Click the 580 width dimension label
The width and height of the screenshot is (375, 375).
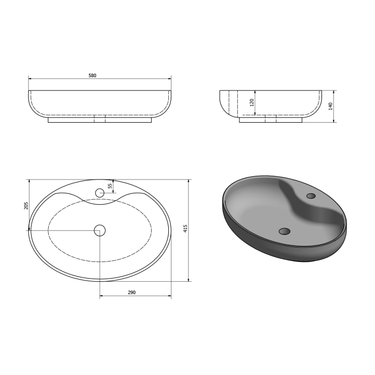click(92, 76)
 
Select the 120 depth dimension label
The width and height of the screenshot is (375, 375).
click(252, 103)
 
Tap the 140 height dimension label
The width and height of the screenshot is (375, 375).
click(331, 106)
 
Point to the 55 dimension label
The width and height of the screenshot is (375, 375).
click(110, 186)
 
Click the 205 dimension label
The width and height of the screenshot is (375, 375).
click(26, 206)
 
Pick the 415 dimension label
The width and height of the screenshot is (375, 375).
click(185, 228)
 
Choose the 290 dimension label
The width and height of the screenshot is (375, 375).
click(132, 292)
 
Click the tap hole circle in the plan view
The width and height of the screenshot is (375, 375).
click(100, 193)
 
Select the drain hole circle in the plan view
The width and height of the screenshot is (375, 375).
click(100, 230)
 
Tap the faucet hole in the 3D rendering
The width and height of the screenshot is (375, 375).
click(311, 196)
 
